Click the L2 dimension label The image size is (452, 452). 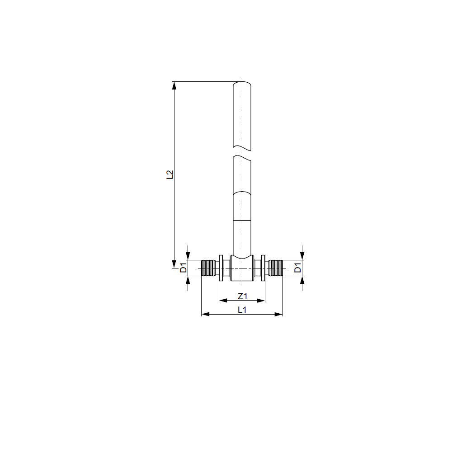[x=170, y=174]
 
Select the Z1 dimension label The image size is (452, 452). [x=242, y=296]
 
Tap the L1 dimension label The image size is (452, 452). [x=242, y=310]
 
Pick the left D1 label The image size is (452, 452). [x=184, y=268]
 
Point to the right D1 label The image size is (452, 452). [x=298, y=268]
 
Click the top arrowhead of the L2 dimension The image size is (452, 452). [x=174, y=85]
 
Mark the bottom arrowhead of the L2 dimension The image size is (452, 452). [x=174, y=264]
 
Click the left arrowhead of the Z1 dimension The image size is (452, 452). [x=223, y=301]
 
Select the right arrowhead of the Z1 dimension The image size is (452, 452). [x=261, y=301]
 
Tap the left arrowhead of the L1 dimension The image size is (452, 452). [x=205, y=314]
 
